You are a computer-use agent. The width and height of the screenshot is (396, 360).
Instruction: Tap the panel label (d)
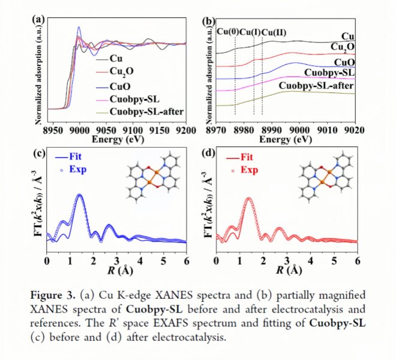click(209, 153)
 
